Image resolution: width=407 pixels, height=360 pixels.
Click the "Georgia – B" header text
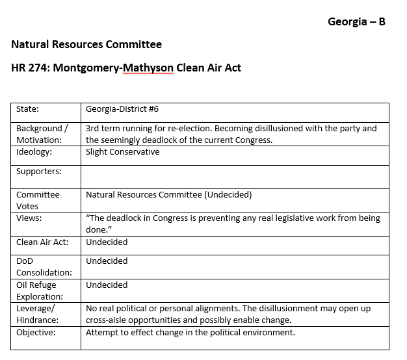pos(357,21)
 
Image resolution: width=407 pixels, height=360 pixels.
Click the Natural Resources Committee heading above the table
pos(86,45)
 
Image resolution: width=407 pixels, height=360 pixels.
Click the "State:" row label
pos(27,109)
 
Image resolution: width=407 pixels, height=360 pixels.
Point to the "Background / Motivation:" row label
pos(39,134)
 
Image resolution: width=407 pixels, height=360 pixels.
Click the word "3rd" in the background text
pos(93,128)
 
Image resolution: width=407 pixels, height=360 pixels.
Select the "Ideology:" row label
pos(34,152)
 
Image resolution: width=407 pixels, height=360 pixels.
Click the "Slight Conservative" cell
pos(122,152)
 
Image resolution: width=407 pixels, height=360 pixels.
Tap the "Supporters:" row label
pos(39,172)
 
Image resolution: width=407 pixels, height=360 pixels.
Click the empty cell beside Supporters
pos(234,177)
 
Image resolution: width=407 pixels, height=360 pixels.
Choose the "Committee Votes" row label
pos(38,200)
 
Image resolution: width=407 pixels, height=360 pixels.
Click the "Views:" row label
pos(29,218)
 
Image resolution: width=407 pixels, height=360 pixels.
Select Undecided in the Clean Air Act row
pos(107,242)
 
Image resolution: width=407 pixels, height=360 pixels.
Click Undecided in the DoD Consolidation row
pos(107,261)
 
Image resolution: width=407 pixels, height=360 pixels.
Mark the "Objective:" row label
pos(36,333)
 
